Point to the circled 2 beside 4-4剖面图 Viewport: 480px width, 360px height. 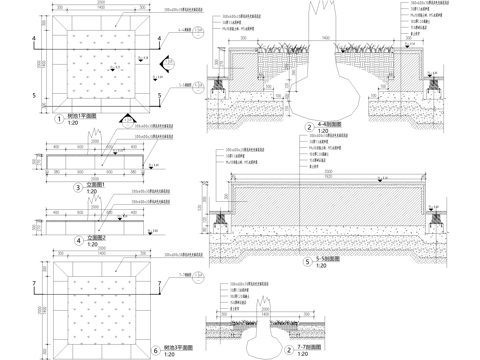pyautogui.click(x=310, y=127)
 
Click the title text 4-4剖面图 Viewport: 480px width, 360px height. pyautogui.click(x=330, y=124)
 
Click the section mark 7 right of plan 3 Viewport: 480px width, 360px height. pyautogui.click(x=165, y=283)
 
